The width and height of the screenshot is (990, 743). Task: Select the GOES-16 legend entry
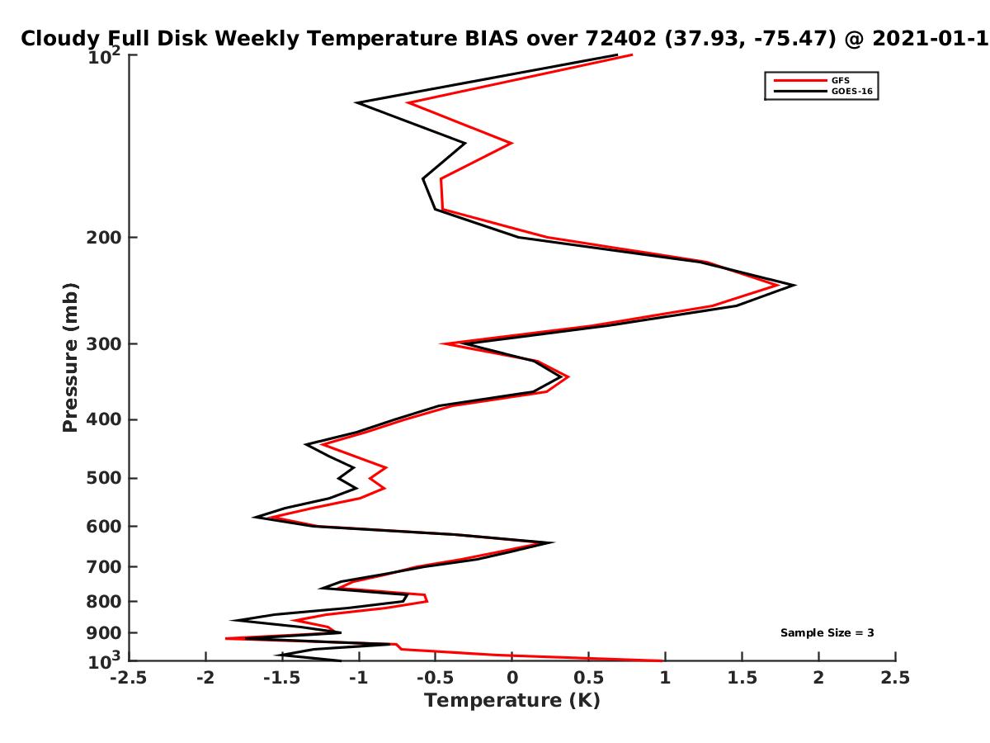coord(823,91)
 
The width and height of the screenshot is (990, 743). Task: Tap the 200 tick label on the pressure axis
coord(104,237)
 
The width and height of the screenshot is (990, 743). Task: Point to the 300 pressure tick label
coord(104,343)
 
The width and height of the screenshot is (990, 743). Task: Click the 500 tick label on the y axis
coord(104,478)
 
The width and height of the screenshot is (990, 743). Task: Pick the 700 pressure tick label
coord(104,566)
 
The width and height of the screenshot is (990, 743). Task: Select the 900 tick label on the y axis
coord(104,633)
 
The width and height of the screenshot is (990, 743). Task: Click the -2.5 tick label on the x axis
coord(129,678)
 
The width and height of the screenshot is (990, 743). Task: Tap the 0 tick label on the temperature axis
coord(512,678)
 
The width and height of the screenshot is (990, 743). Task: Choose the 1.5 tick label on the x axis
coord(742,678)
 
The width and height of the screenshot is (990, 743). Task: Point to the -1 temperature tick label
coord(359,678)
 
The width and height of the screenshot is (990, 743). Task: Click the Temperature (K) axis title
coord(512,701)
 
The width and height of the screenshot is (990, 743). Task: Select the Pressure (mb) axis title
coord(70,357)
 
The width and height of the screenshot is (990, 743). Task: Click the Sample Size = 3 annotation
coord(827,632)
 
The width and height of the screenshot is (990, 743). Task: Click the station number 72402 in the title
coord(621,39)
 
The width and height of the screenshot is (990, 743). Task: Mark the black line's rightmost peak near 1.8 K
coord(794,285)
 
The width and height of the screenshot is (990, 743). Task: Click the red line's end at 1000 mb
coord(662,660)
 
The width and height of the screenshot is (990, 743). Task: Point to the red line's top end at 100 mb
coord(631,55)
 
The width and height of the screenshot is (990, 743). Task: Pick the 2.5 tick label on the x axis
coord(895,678)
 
